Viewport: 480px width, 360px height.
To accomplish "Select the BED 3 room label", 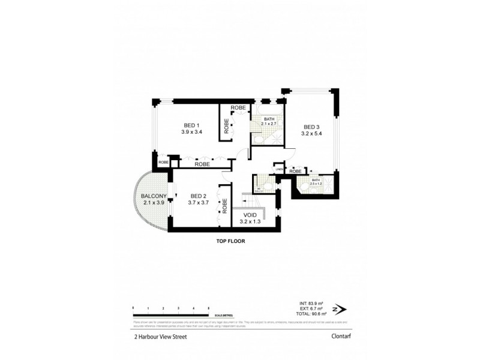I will tap(311, 127).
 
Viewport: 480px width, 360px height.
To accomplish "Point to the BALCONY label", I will tap(154, 196).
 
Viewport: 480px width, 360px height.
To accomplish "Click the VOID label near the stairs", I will tap(250, 215).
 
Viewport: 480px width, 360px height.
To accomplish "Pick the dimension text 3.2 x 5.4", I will tap(311, 134).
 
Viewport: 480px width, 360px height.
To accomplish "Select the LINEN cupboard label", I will tap(278, 170).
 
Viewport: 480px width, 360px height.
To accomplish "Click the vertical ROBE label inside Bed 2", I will tap(225, 206).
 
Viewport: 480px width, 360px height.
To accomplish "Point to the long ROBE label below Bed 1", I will tap(202, 164).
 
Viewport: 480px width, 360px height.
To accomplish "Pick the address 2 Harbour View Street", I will tap(161, 337).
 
